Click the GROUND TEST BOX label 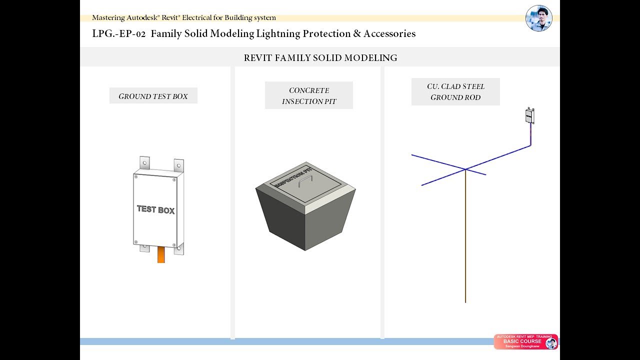pyautogui.click(x=153, y=96)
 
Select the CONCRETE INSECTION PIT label pyautogui.click(x=308, y=95)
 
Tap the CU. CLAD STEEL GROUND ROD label pyautogui.click(x=455, y=92)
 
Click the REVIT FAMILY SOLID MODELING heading pyautogui.click(x=320, y=58)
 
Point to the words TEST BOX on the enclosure pyautogui.click(x=155, y=209)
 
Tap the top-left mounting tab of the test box pyautogui.click(x=144, y=163)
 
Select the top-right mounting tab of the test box pyautogui.click(x=178, y=165)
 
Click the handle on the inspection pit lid pyautogui.click(x=306, y=180)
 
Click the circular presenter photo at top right pyautogui.click(x=538, y=18)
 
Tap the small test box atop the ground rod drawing pyautogui.click(x=529, y=115)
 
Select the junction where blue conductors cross pyautogui.click(x=465, y=169)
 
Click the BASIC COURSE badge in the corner pyautogui.click(x=525, y=341)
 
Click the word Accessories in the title pyautogui.click(x=389, y=34)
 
